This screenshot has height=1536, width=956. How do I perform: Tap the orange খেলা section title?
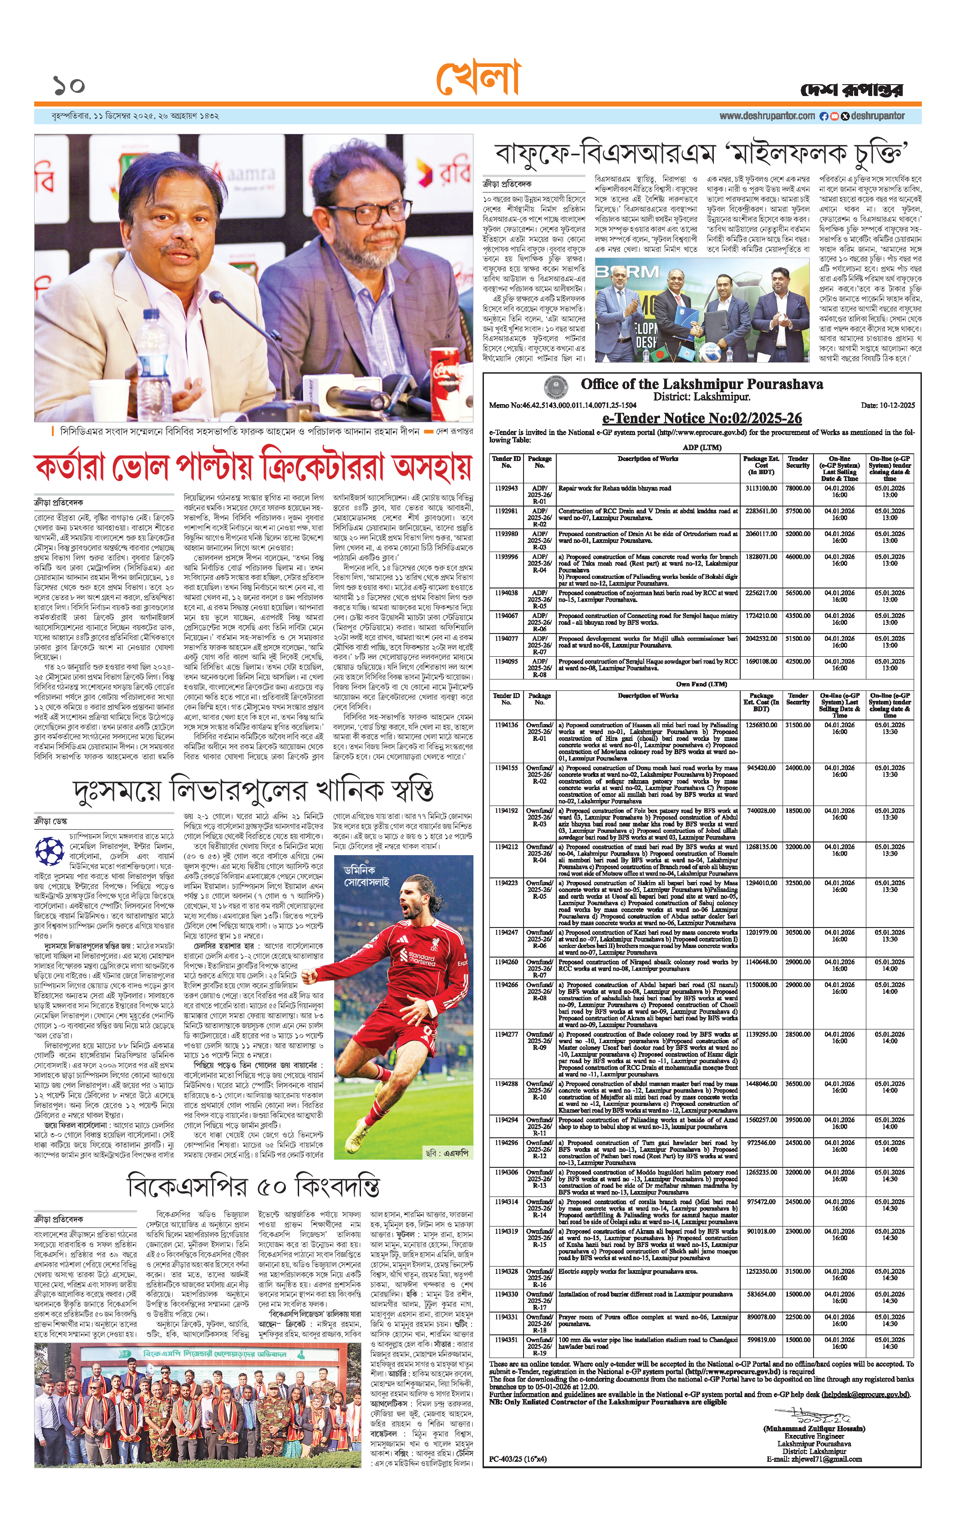pos(478,79)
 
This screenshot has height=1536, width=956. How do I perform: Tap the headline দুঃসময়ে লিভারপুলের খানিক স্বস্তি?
pos(254,790)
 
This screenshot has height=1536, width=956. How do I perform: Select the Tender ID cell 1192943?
pos(506,489)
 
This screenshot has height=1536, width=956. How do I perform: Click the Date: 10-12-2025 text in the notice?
pos(887,405)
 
